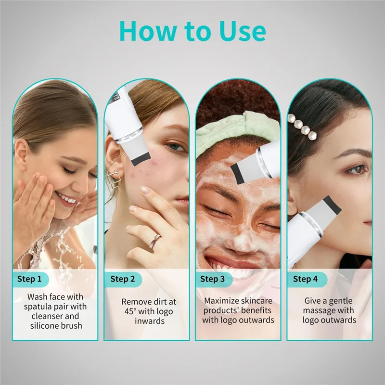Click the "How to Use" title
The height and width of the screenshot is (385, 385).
pos(192,31)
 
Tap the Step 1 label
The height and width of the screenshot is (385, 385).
pos(30,279)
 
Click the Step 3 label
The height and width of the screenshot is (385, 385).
pos(212,279)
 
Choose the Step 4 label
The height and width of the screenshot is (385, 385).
pos(306,279)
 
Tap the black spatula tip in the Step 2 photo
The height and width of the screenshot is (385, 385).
pos(140,158)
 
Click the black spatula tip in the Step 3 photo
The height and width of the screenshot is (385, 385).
pos(239,171)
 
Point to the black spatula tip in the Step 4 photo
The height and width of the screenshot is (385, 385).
pos(332,204)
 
